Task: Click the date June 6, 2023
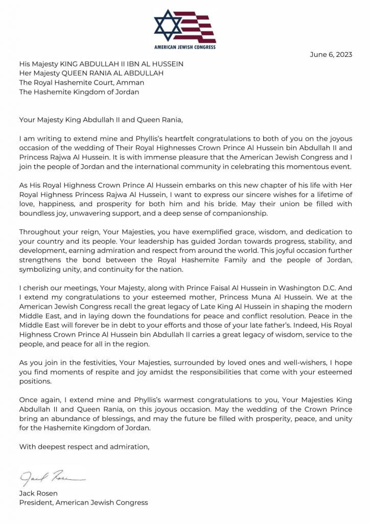tap(331, 55)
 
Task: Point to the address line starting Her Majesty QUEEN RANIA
tap(91, 73)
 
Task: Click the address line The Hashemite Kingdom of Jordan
tap(79, 92)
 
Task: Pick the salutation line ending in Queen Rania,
tap(101, 120)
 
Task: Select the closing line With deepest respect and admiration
tap(84, 447)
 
